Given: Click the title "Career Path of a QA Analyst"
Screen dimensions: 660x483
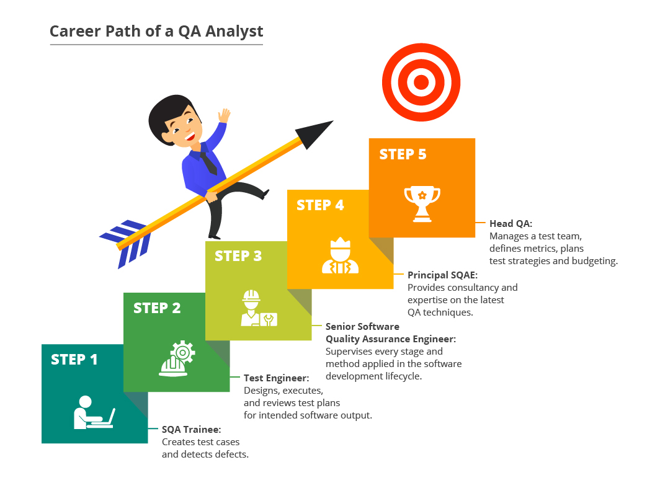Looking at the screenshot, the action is click(156, 32).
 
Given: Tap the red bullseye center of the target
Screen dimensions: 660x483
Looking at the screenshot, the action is click(421, 82).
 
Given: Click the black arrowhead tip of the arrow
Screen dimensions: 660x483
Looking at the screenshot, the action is click(332, 121).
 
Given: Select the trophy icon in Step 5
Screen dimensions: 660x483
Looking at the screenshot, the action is click(422, 203).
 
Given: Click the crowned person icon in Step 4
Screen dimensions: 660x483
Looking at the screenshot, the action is click(340, 255).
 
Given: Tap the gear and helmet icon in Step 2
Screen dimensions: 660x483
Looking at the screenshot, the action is click(177, 358).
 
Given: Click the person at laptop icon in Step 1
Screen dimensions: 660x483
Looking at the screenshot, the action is click(94, 412).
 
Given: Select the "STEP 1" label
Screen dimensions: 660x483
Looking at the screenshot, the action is click(74, 360).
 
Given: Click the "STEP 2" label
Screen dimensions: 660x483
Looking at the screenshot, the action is click(157, 308).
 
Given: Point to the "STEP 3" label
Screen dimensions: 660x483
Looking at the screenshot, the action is click(238, 256).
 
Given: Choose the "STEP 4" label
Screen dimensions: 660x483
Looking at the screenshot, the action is click(320, 205).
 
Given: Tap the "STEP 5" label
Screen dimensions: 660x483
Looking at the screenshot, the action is click(403, 154).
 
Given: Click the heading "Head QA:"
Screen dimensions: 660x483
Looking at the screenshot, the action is click(511, 223).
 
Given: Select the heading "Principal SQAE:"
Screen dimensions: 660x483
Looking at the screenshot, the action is click(442, 275).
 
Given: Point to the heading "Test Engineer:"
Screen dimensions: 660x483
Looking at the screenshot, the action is click(276, 378).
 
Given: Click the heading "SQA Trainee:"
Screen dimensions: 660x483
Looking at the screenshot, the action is click(192, 430).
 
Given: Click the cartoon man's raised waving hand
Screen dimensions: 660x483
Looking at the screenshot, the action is click(225, 115).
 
